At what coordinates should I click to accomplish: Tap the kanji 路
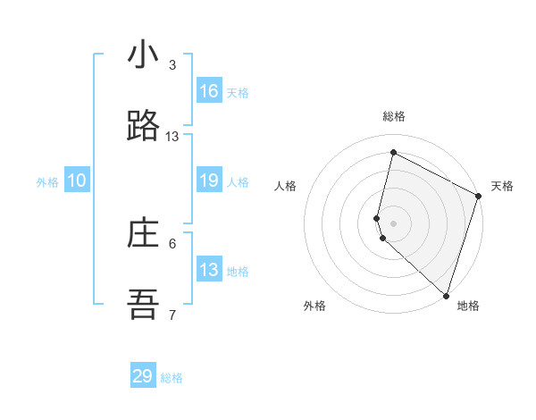[x=143, y=126]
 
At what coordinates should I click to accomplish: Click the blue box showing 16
[x=209, y=91]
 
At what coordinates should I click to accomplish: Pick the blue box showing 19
[x=209, y=181]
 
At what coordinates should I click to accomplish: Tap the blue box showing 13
[x=209, y=270]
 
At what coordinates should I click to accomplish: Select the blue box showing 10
[x=77, y=181]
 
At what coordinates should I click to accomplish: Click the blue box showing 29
[x=143, y=376]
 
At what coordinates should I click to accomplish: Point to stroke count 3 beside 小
[x=172, y=65]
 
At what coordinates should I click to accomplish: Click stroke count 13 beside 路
[x=172, y=137]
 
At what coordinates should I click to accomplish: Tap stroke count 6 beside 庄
[x=172, y=243]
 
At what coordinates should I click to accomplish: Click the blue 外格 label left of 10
[x=47, y=182]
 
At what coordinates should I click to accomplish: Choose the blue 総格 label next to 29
[x=172, y=378]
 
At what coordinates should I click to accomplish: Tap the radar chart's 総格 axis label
[x=394, y=116]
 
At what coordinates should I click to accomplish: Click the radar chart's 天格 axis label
[x=502, y=186]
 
